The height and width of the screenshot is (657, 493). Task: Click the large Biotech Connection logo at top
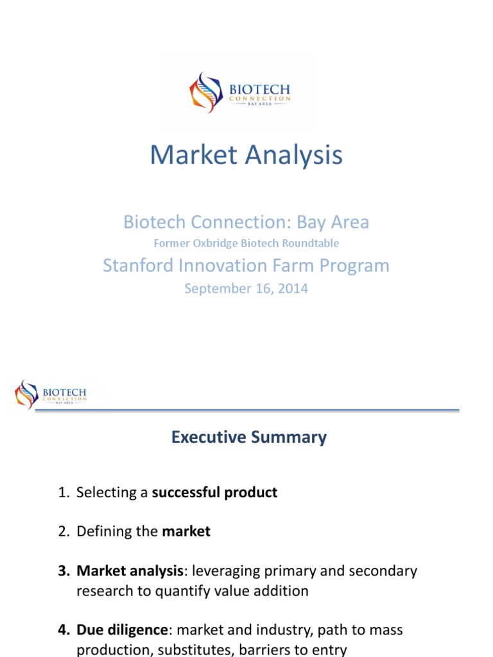tap(239, 93)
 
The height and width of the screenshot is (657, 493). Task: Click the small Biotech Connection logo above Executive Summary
tap(51, 394)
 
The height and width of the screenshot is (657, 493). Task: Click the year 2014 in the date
tap(293, 289)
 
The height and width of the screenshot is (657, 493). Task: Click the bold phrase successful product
tap(214, 493)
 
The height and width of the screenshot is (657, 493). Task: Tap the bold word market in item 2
tap(186, 531)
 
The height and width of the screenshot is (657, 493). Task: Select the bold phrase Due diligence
tap(122, 630)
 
